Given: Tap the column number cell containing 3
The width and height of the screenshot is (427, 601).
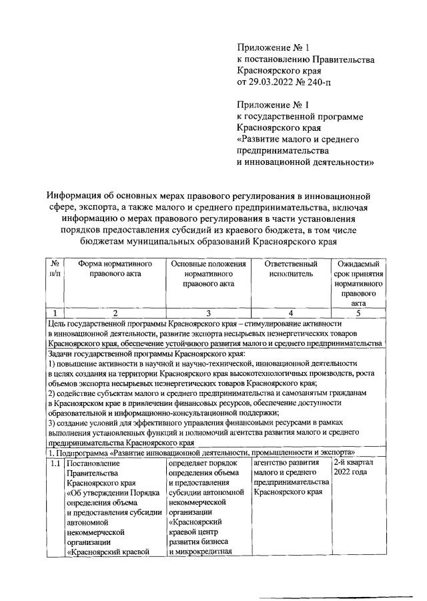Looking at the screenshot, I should point(207,312).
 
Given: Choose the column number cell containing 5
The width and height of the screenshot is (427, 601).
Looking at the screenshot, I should point(358,312).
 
